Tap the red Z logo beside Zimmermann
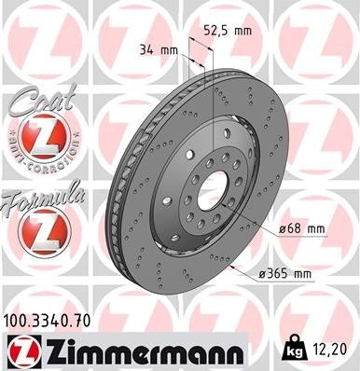(23, 351)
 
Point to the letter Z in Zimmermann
(52, 351)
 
